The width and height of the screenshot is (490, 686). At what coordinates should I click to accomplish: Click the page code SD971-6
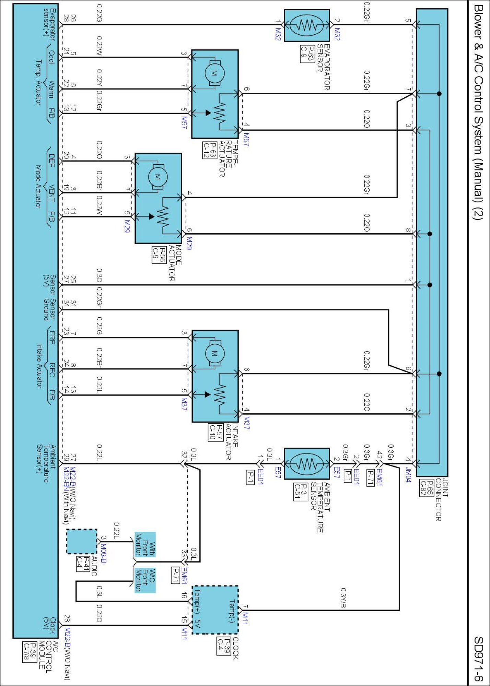478,659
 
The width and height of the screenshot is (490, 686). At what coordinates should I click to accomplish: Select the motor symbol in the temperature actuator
214,73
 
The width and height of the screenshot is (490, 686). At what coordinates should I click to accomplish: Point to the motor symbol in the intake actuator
214,353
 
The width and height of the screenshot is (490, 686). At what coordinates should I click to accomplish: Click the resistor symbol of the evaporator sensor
307,25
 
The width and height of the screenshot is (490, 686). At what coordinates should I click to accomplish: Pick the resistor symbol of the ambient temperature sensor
307,464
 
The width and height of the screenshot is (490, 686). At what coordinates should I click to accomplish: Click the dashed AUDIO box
82,541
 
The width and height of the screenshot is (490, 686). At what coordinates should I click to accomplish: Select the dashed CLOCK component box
215,610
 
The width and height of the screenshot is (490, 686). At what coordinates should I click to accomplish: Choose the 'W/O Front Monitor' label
145,580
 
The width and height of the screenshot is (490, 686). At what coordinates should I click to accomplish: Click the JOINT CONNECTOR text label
442,499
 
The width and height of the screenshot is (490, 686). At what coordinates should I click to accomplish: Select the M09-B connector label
103,553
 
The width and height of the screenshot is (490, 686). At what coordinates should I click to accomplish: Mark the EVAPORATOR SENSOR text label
324,67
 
